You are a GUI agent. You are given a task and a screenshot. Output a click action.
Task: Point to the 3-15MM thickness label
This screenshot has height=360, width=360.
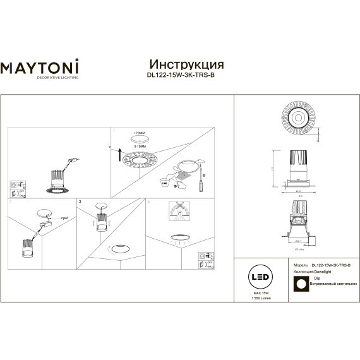click(140, 146)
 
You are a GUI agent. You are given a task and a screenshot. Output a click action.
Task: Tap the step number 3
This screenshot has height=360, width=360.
click(80, 201)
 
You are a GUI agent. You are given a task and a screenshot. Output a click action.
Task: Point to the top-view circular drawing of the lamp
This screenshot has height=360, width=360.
click(296, 118)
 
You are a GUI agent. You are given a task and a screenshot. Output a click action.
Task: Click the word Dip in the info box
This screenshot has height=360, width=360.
click(318, 278)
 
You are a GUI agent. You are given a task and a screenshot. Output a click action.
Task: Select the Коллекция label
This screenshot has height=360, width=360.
click(304, 272)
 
